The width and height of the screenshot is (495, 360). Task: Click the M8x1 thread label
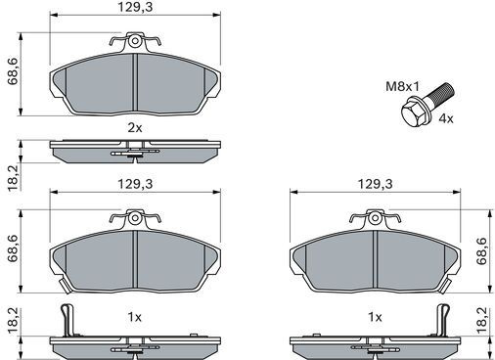click(x=402, y=86)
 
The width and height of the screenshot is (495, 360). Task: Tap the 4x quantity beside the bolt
click(x=446, y=118)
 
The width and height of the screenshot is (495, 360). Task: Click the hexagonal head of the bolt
click(x=413, y=112)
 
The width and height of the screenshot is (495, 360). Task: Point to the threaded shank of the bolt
click(x=440, y=92)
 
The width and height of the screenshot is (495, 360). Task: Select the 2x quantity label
click(x=135, y=128)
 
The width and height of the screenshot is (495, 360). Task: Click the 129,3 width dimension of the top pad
click(x=135, y=7)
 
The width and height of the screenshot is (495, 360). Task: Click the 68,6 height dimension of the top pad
click(x=13, y=71)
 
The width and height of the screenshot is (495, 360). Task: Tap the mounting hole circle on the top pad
click(x=134, y=41)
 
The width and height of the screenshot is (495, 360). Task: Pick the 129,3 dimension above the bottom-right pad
click(x=375, y=184)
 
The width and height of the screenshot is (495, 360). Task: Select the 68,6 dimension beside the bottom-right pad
click(x=481, y=251)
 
